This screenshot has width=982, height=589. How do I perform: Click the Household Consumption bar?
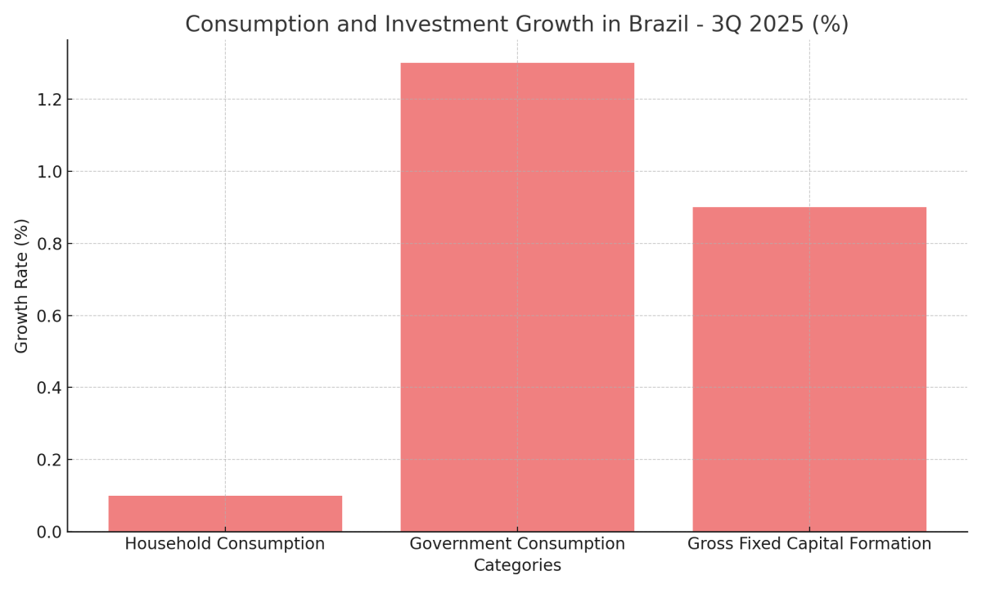click(225, 513)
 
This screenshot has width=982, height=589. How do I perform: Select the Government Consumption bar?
click(517, 297)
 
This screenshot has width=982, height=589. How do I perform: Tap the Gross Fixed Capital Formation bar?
click(809, 369)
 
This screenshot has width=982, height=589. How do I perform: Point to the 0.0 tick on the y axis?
click(49, 532)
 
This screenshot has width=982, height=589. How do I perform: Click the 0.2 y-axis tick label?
click(49, 460)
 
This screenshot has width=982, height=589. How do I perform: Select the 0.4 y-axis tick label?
click(49, 388)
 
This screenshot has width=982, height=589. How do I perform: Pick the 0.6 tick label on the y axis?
click(49, 316)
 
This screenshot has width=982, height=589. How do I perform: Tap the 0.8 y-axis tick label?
click(49, 244)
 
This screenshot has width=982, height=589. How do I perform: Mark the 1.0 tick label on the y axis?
click(49, 172)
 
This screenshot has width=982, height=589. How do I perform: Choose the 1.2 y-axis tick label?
click(49, 100)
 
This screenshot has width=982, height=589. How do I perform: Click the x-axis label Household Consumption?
click(225, 544)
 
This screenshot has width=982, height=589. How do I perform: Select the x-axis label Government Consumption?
click(517, 544)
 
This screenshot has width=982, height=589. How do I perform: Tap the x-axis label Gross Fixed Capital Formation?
click(809, 544)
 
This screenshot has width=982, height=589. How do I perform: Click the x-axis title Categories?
click(517, 566)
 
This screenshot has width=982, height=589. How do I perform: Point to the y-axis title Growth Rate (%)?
click(22, 286)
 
